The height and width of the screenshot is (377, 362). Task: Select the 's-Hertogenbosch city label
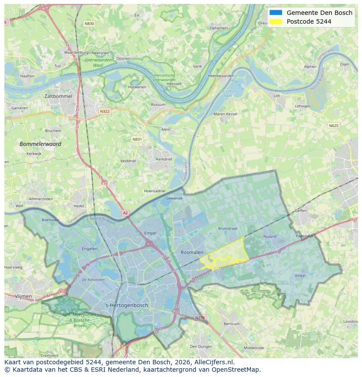pyautogui.click(x=127, y=305)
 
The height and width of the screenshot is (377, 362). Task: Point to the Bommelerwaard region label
pyautogui.click(x=40, y=144)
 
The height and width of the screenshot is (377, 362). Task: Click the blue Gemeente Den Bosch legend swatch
pyautogui.click(x=276, y=13)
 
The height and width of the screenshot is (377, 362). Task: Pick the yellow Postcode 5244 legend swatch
pyautogui.click(x=276, y=21)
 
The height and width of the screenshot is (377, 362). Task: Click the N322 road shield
pyautogui.click(x=104, y=111)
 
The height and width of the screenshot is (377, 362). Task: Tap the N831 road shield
pyautogui.click(x=137, y=139)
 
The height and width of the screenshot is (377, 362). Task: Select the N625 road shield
pyautogui.click(x=333, y=126)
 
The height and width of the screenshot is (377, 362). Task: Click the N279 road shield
pyautogui.click(x=199, y=317)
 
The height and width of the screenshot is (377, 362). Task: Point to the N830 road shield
pyautogui.click(x=89, y=23)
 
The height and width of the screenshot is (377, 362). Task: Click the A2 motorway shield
pyautogui.click(x=125, y=213)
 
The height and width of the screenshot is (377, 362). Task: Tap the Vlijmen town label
pyautogui.click(x=23, y=296)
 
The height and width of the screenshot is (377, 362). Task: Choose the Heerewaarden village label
pyautogui.click(x=221, y=76)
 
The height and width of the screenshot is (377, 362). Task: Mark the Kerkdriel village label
pyautogui.click(x=164, y=159)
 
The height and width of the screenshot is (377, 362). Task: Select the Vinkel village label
pyautogui.click(x=300, y=276)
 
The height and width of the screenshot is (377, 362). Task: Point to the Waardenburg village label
pyautogui.click(x=77, y=53)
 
